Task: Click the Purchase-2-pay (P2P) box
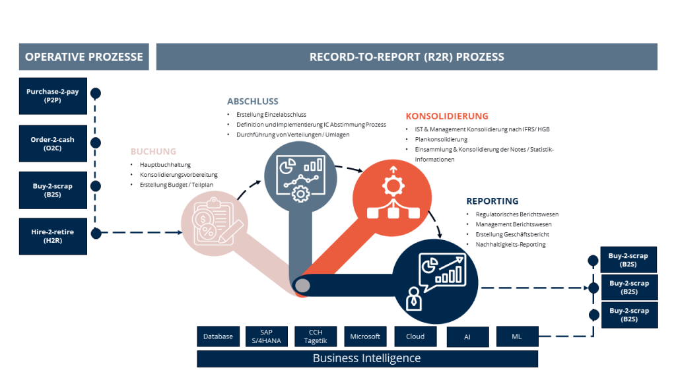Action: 53,96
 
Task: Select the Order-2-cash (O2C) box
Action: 53,143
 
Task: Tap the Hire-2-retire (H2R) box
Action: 53,236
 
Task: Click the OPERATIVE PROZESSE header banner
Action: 84,57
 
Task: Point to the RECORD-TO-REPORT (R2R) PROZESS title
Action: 407,57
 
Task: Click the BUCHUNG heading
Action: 153,151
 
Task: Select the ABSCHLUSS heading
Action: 253,102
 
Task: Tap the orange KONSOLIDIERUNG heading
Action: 447,116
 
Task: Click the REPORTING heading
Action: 492,201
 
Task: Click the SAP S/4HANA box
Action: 266,336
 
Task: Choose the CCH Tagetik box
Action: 316,336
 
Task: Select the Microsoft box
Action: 365,336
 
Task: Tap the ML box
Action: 517,336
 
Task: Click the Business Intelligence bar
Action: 367,358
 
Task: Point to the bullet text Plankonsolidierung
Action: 441,140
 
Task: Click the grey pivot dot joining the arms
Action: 302,286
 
